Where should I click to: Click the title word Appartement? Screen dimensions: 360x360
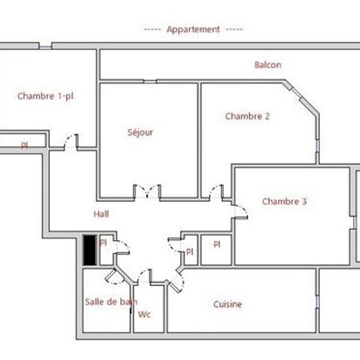[193, 30]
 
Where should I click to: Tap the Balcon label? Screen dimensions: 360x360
[268, 65]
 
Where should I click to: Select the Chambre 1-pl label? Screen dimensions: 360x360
[45, 96]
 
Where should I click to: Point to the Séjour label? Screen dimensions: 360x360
[140, 132]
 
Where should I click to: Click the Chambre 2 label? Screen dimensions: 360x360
[247, 116]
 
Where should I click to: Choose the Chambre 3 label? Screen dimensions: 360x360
[284, 202]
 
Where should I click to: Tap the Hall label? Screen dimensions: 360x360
[101, 214]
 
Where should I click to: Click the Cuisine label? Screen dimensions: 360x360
[228, 304]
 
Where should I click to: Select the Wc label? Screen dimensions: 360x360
[144, 314]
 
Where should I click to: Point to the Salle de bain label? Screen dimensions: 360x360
[111, 302]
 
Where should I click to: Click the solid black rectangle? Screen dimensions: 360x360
[90, 250]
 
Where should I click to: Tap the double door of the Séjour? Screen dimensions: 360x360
[147, 192]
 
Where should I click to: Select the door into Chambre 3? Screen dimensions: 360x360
[240, 212]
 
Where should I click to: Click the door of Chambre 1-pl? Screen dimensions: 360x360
[71, 141]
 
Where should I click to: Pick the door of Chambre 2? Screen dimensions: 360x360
[216, 192]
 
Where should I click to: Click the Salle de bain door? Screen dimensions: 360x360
[115, 277]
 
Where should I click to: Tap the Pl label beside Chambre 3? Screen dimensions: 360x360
[217, 245]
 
